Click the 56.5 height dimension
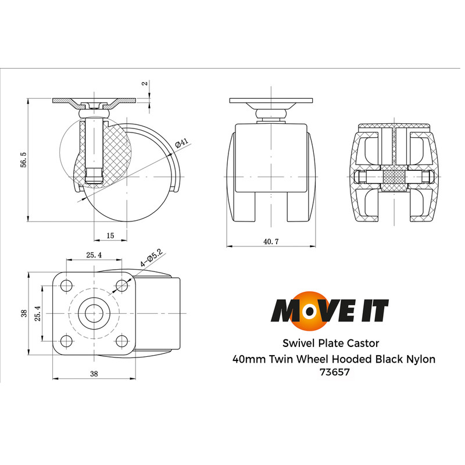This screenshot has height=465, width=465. (23, 160)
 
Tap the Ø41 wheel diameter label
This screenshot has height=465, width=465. (182, 142)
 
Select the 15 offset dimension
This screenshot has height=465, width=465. (110, 235)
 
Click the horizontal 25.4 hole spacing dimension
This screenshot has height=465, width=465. (94, 255)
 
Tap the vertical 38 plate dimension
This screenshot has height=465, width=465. (24, 313)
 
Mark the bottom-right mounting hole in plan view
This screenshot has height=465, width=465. (121, 341)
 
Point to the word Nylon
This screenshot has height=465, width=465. (419, 359)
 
